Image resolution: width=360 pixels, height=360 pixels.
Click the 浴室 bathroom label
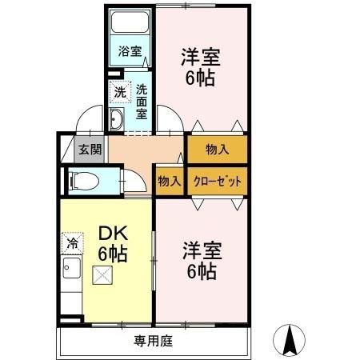130,51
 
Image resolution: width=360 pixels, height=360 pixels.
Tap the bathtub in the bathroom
130,22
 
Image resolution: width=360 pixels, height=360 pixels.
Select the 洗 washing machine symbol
118,92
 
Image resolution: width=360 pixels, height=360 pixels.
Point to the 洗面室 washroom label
141,101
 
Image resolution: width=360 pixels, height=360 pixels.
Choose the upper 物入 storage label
217,149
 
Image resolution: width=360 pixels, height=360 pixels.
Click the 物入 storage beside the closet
169,181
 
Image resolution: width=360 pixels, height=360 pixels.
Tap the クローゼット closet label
217,181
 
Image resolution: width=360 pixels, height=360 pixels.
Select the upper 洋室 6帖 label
200,68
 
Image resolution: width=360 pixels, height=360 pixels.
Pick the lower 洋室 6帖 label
200,261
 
